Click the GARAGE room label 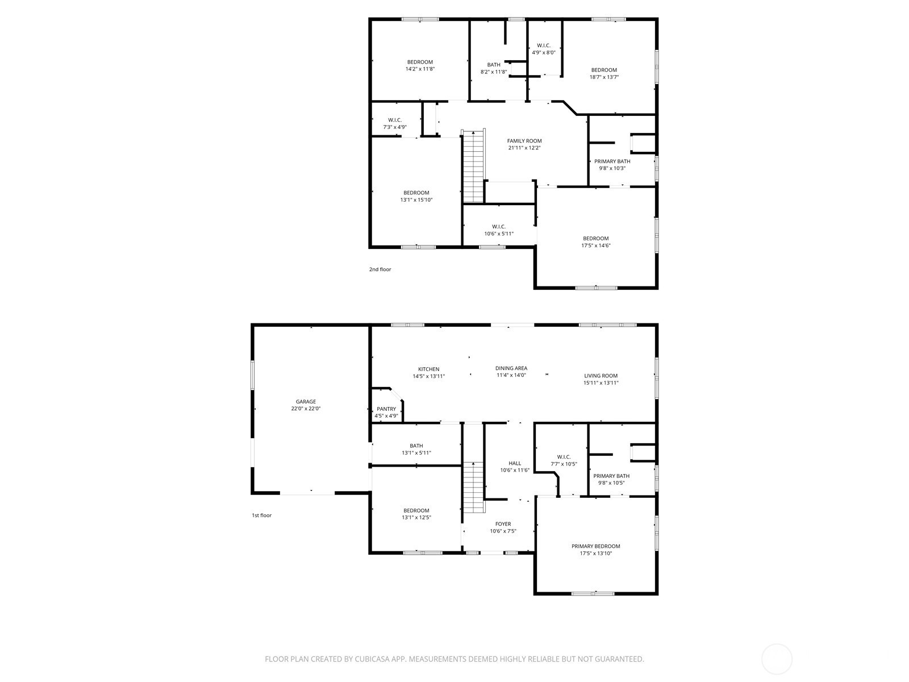pyautogui.click(x=306, y=401)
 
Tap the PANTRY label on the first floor pyautogui.click(x=386, y=409)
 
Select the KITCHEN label pyautogui.click(x=428, y=369)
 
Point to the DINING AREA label pyautogui.click(x=511, y=368)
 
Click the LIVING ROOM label pyautogui.click(x=601, y=376)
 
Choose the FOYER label pyautogui.click(x=503, y=524)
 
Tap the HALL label pyautogui.click(x=515, y=463)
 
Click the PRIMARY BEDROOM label pyautogui.click(x=596, y=546)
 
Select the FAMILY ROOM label pyautogui.click(x=524, y=141)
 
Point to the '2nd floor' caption pyautogui.click(x=380, y=269)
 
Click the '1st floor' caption pyautogui.click(x=262, y=515)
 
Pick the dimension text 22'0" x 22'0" pyautogui.click(x=306, y=408)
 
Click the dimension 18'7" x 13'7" pyautogui.click(x=604, y=77)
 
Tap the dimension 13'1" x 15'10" pyautogui.click(x=416, y=199)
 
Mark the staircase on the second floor pyautogui.click(x=473, y=167)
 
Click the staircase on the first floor pyautogui.click(x=473, y=487)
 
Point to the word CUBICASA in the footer pyautogui.click(x=372, y=659)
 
